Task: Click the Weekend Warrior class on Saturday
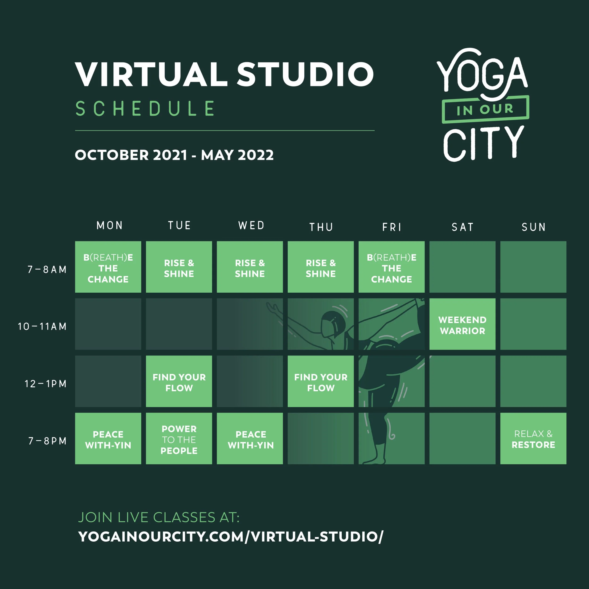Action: tap(462, 324)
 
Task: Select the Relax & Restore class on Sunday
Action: tap(533, 439)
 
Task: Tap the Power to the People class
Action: tap(179, 439)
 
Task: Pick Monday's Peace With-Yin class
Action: tap(108, 439)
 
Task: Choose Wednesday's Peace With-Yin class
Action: tap(250, 439)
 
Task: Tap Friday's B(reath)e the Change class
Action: tap(391, 267)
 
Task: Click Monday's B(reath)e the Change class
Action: tap(108, 267)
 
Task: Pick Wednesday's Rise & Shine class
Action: tap(250, 267)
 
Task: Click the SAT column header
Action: tap(462, 227)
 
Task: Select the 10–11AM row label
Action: tap(42, 327)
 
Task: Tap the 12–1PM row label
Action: tap(45, 384)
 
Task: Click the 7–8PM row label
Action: tap(47, 441)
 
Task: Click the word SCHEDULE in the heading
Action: tap(145, 109)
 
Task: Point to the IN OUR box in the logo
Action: tap(485, 109)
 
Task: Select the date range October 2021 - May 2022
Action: tap(174, 155)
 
